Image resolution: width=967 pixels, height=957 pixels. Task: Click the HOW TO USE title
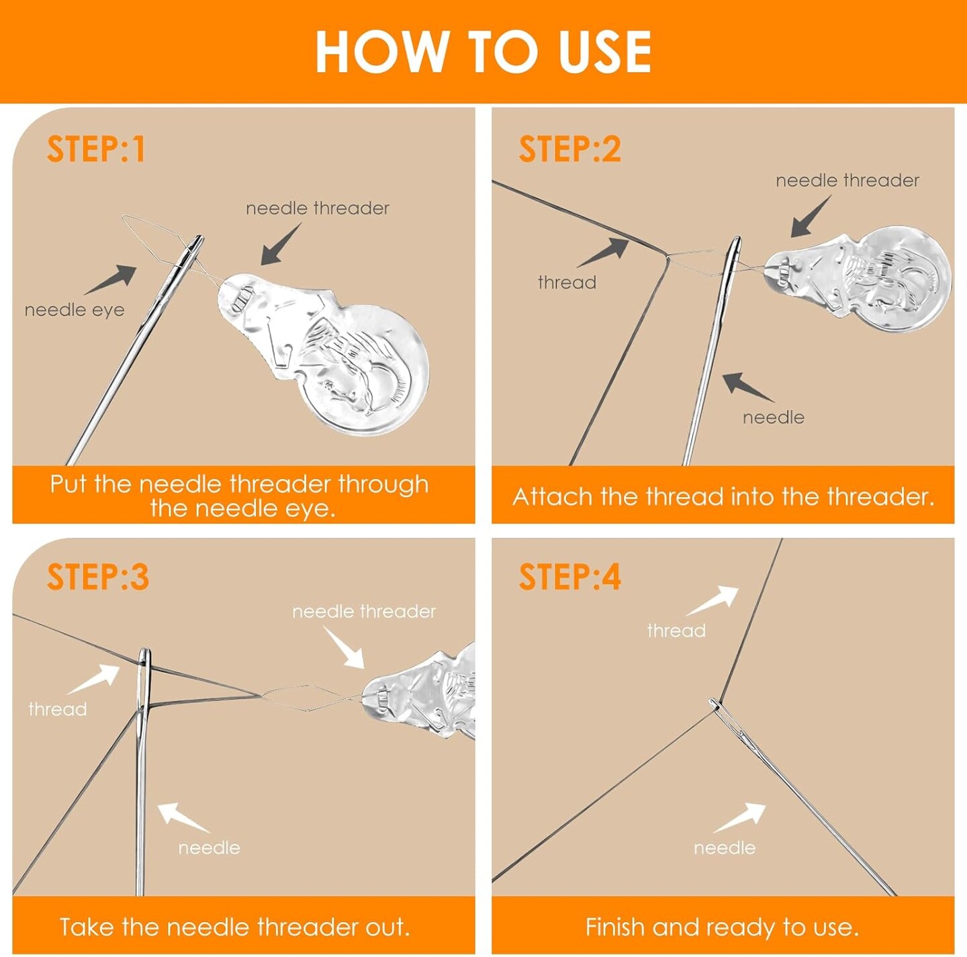coord(483,52)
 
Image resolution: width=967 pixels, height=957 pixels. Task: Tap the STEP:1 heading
coord(96,149)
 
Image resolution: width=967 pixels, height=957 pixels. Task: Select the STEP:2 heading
coord(569,149)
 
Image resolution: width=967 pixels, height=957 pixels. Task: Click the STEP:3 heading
coord(98,577)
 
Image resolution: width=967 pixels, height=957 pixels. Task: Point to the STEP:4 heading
coord(569,577)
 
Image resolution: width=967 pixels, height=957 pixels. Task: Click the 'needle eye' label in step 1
coord(75,310)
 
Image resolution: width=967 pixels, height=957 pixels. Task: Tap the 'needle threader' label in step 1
coord(317,208)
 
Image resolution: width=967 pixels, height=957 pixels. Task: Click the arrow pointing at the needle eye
coord(110,279)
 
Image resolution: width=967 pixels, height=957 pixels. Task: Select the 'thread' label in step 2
coord(567,283)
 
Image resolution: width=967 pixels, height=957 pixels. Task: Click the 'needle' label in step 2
coord(774,418)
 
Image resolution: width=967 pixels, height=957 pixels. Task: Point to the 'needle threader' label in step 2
coord(847,180)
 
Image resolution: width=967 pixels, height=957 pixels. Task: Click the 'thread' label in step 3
coord(58,709)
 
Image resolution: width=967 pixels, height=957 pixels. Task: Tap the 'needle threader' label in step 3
coord(364,612)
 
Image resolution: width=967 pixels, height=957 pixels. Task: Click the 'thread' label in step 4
coord(676,631)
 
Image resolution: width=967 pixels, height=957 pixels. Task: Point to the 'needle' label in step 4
coord(725,848)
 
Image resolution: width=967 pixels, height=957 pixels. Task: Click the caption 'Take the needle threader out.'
coord(235,913)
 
